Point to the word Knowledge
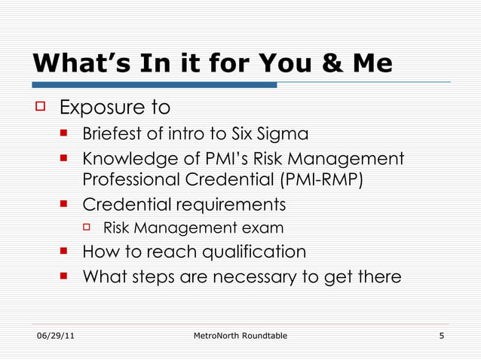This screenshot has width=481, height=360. coord(127,159)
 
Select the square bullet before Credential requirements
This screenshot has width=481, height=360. coord(65,204)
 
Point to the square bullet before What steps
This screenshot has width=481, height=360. coord(65,276)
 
